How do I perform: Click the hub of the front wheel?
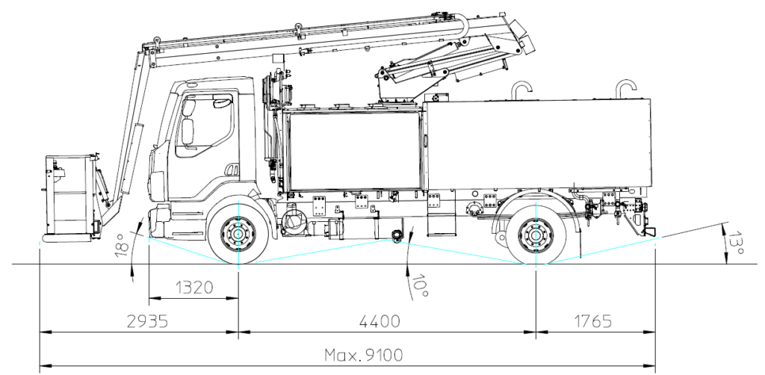click(238, 233)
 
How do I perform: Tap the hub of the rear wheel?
click(535, 233)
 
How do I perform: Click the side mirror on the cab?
click(187, 132)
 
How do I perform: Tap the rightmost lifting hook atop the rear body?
click(625, 87)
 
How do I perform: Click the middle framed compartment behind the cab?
click(353, 149)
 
